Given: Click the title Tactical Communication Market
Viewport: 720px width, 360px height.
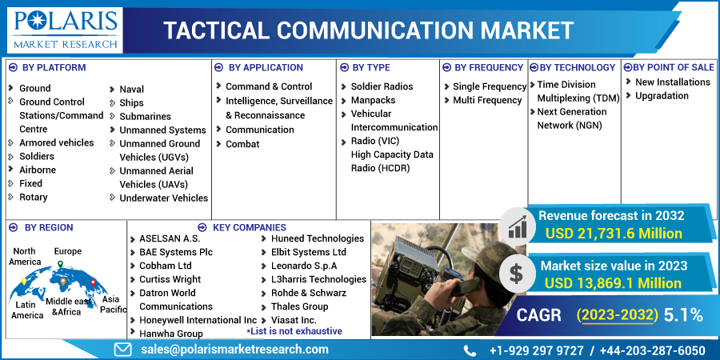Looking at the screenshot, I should point(369,30).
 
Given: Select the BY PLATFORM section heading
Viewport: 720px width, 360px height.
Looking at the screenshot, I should point(54,68).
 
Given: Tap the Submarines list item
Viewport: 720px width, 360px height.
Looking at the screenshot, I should point(145,116).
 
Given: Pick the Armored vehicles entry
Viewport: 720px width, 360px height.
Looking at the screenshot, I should point(56,142).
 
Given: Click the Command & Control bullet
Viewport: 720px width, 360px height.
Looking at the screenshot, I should point(269,86).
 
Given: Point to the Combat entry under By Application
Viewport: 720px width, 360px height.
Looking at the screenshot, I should point(242,144).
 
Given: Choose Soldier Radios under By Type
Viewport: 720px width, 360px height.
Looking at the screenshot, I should point(382,86).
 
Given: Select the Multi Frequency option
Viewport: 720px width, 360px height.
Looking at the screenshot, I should point(487,100).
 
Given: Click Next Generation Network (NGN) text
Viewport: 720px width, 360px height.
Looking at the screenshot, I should point(571,118).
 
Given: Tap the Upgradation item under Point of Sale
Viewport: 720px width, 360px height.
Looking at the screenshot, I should point(662,96).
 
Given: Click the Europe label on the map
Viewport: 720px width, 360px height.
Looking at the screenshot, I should point(68,251).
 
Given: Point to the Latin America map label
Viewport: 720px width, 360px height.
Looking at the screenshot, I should point(27,310).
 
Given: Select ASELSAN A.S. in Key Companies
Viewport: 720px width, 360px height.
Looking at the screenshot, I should point(170,238).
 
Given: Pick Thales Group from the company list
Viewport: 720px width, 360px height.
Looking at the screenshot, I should point(300,306).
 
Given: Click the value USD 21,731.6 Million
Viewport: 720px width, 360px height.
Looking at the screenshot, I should point(613,234).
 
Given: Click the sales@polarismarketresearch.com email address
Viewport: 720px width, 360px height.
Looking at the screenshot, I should point(233,350).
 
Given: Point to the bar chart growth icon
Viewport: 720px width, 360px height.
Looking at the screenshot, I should point(517,227).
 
